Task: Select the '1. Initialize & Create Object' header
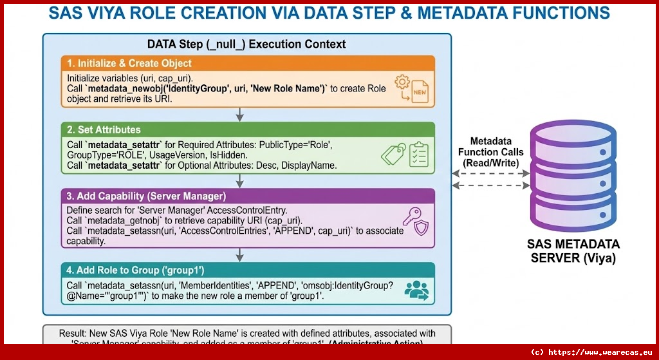(129, 63)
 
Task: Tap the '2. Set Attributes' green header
(101, 129)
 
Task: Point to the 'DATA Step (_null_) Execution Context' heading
(246, 44)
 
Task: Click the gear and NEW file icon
(413, 90)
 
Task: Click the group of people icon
(416, 290)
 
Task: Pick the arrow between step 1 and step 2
(239, 114)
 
